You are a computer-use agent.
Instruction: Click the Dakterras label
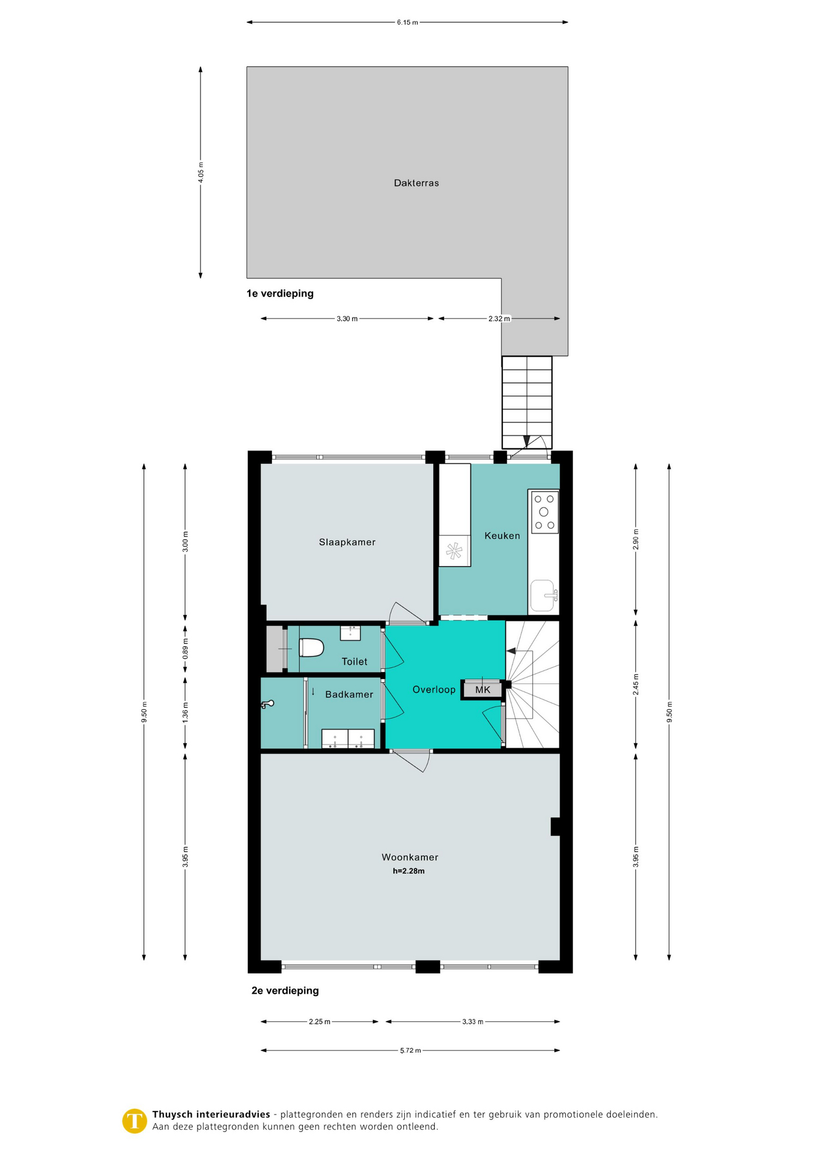pos(416,183)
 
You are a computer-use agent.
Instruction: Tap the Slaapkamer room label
pos(347,543)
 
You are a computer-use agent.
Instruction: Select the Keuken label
pos(502,536)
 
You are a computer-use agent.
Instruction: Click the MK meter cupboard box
pos(482,689)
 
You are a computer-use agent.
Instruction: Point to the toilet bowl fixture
pos(311,647)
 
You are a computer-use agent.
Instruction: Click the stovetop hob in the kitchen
pos(544,512)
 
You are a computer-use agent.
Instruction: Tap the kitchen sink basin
pos(544,595)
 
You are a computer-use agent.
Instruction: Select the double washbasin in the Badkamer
pos(348,739)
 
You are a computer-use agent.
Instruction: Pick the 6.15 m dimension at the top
pos(407,23)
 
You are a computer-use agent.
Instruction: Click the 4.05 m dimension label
pos(201,172)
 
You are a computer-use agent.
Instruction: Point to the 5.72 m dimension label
pos(410,1051)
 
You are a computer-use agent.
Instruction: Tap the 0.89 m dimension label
pos(186,649)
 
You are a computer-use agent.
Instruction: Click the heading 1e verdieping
pos(280,293)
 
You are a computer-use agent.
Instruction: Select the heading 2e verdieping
pos(285,991)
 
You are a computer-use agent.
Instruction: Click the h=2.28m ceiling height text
pos(409,871)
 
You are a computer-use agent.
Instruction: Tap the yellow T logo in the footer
pos(135,1121)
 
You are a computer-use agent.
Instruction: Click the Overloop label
pos(434,690)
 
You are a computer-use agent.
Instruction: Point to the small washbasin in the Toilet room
pos(350,632)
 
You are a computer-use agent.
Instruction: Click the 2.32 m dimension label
pos(499,319)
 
